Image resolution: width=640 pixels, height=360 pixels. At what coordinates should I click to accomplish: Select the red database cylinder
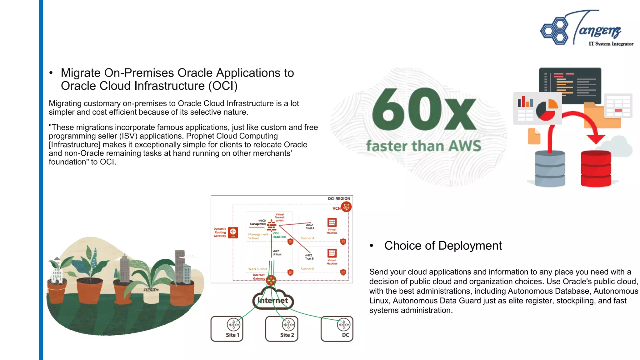click(x=596, y=169)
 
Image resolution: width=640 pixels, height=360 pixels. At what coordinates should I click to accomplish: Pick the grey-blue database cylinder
click(x=550, y=169)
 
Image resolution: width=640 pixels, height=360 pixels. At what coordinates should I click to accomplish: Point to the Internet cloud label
click(x=273, y=301)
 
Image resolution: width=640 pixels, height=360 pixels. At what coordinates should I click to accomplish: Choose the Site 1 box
click(x=227, y=329)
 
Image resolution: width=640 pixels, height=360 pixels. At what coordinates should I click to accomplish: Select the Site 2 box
click(x=282, y=329)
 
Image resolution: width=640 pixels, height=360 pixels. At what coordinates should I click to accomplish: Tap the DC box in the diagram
click(x=337, y=329)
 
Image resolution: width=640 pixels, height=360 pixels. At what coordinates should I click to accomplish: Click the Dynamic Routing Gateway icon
click(x=233, y=232)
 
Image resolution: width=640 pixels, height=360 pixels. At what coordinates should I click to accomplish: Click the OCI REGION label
click(x=339, y=199)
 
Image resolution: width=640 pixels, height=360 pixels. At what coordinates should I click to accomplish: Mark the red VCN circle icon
click(x=346, y=207)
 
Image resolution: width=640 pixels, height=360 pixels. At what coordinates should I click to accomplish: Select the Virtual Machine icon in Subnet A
click(x=332, y=222)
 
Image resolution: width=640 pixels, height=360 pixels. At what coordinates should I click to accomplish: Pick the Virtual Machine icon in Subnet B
click(x=332, y=253)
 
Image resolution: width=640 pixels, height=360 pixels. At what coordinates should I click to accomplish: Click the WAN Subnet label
click(x=257, y=269)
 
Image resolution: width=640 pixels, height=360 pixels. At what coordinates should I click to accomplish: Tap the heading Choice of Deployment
click(x=443, y=246)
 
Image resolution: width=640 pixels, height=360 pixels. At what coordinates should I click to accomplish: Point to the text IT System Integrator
click(x=611, y=44)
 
